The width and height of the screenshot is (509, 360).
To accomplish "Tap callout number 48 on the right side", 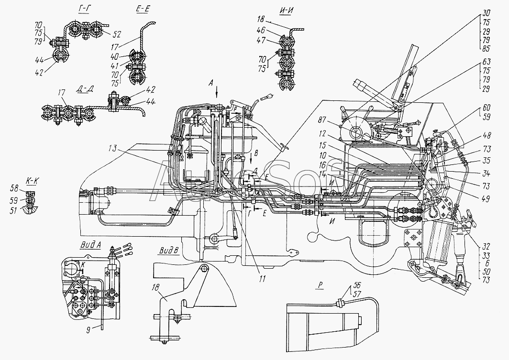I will (487, 135).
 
